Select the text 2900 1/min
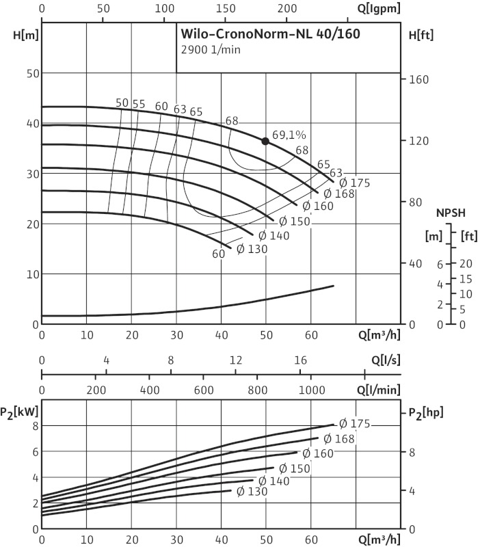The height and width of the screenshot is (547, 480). (211, 50)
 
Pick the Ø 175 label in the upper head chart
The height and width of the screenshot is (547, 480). (355, 183)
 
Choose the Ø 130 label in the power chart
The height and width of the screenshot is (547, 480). (252, 491)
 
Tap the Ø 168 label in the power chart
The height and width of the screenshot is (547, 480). (339, 438)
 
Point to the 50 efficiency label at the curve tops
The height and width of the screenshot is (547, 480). (122, 103)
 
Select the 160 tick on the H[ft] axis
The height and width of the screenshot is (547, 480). (418, 79)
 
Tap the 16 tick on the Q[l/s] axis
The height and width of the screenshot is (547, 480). (300, 360)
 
